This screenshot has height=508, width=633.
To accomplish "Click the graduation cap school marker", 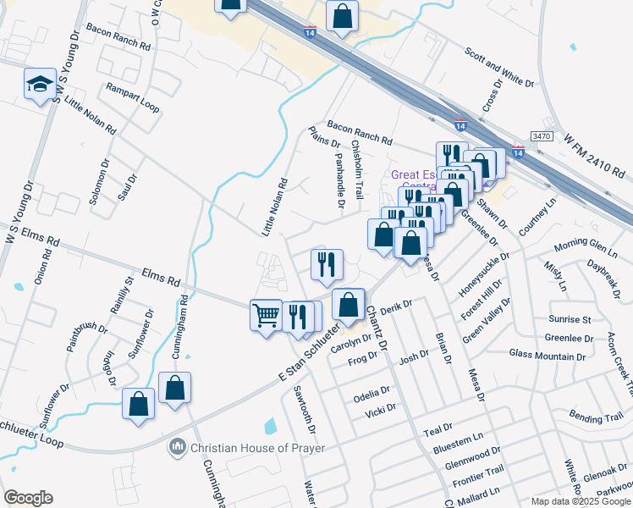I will (x=40, y=85).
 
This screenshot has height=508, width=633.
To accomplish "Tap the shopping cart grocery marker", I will (x=266, y=317).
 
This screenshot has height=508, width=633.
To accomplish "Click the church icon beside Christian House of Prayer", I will (x=178, y=446).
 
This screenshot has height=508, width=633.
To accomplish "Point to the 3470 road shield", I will (x=542, y=135).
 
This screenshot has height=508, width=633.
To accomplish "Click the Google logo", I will (x=28, y=497).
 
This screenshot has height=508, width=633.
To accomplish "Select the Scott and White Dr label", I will (x=499, y=67).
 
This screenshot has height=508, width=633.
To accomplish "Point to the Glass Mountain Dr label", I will (x=548, y=353).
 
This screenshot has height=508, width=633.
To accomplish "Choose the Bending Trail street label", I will (x=596, y=418).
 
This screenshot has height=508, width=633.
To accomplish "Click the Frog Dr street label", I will (x=362, y=360).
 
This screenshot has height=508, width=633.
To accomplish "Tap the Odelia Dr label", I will (x=372, y=393).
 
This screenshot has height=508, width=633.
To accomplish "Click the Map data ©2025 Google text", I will (x=580, y=500).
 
